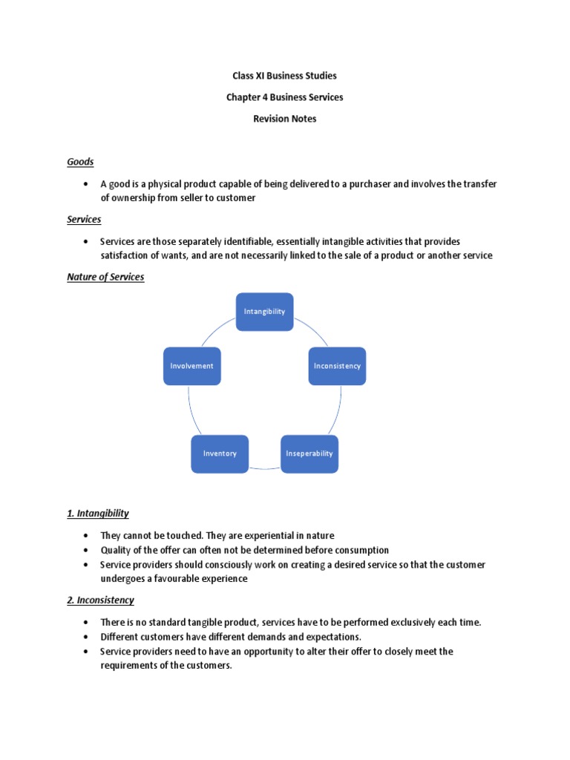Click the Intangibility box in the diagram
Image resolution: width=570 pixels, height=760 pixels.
point(264,312)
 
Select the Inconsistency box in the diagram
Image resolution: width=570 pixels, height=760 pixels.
point(337,366)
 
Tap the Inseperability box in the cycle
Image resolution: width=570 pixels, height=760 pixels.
point(309,453)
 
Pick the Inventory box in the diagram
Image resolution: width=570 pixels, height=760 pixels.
point(220,453)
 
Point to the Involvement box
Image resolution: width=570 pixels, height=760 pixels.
point(191,366)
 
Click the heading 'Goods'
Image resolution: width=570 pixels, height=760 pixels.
point(80,162)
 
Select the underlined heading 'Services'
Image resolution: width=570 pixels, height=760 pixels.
point(84,220)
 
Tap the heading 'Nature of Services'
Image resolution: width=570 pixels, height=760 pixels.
point(105,278)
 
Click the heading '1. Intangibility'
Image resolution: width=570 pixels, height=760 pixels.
point(98,514)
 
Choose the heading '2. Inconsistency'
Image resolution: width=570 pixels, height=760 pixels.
point(101,600)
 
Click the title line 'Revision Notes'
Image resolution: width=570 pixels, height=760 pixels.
point(285,119)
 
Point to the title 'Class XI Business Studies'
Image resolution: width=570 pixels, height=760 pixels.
point(285,76)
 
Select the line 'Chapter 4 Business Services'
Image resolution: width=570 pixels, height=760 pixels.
point(285,97)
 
